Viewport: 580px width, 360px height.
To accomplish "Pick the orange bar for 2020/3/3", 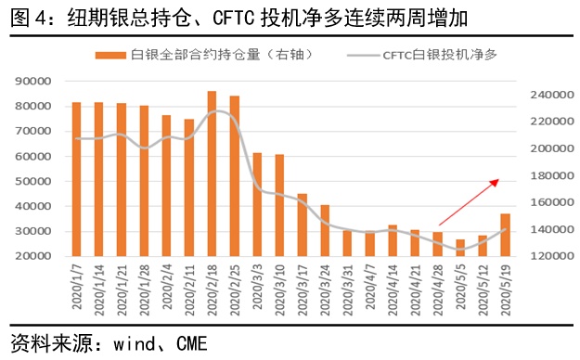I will tap(257, 204).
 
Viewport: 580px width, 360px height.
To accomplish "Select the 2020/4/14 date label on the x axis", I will tap(392, 289).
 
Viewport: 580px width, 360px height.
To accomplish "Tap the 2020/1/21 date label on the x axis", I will tap(121, 289).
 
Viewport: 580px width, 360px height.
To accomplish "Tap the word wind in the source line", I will tap(135, 342).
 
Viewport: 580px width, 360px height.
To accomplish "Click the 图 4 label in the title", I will tap(27, 17).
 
